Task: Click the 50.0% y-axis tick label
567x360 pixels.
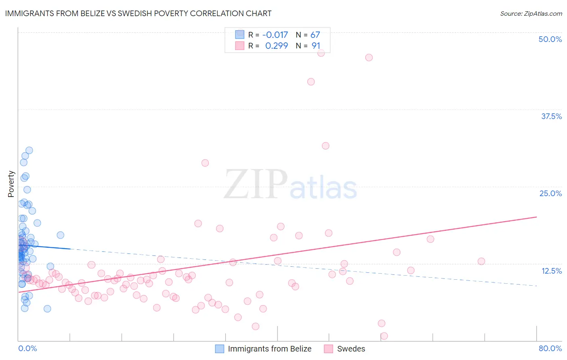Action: point(550,39)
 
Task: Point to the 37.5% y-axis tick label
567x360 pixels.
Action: point(551,116)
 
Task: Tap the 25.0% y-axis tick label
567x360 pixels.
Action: point(550,193)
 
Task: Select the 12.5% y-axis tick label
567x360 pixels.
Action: point(551,271)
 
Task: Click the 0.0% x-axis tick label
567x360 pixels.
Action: point(27,348)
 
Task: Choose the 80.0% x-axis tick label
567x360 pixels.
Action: point(550,348)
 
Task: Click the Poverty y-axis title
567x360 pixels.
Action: point(11,184)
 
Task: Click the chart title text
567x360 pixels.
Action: point(138,13)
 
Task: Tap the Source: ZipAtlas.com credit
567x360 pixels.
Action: point(531,13)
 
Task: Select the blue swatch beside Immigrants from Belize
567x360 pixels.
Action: point(219,349)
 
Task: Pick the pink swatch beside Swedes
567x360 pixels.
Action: point(329,349)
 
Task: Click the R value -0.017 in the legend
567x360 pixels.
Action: point(275,35)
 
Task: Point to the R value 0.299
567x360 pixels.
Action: point(276,46)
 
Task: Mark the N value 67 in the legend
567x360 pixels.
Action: point(315,35)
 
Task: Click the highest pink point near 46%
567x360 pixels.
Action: point(321,53)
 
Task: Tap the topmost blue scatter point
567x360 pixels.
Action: point(29,151)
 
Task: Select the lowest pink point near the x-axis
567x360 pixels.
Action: point(384,336)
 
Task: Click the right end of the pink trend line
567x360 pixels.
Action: point(536,217)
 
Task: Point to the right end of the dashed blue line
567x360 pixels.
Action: point(536,286)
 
